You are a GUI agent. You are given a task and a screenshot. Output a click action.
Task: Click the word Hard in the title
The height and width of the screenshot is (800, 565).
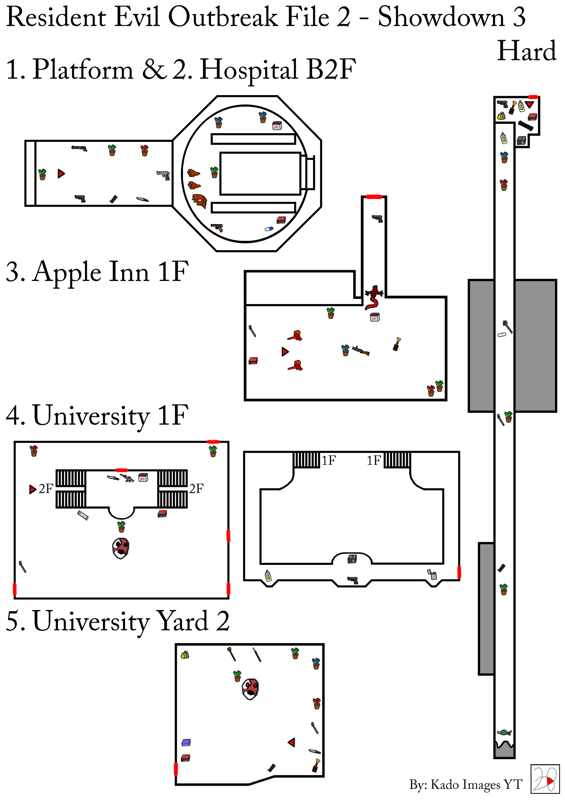click(x=526, y=51)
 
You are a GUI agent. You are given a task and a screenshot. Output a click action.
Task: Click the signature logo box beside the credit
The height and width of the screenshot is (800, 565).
click(x=545, y=779)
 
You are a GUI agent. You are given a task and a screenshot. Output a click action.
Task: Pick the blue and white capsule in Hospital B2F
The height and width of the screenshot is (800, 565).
click(x=269, y=229)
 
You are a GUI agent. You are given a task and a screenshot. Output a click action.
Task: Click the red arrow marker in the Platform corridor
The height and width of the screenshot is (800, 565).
click(x=61, y=173)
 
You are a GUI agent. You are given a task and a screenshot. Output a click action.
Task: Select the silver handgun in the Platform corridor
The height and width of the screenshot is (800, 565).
click(x=163, y=175)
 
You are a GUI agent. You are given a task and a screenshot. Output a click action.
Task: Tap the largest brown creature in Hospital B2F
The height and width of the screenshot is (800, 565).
click(x=200, y=201)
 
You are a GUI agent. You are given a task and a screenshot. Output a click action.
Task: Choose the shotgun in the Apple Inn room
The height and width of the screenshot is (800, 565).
click(x=361, y=351)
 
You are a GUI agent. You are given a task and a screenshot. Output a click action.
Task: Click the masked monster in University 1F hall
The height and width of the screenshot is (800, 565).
click(x=121, y=548)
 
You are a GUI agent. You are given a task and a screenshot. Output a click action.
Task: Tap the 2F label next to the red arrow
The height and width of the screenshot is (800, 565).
click(x=46, y=489)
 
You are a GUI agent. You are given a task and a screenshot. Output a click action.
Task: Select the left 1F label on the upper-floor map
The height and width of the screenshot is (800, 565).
click(x=328, y=460)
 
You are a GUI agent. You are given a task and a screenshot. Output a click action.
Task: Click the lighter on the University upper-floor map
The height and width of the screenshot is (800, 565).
click(x=432, y=574)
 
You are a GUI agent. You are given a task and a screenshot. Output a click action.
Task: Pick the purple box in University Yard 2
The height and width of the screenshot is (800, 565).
click(x=186, y=743)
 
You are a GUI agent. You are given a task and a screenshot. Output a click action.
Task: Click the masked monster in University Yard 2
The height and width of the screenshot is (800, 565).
click(x=250, y=689)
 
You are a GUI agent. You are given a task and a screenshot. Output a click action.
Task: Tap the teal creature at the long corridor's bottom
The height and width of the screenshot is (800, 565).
click(x=504, y=733)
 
